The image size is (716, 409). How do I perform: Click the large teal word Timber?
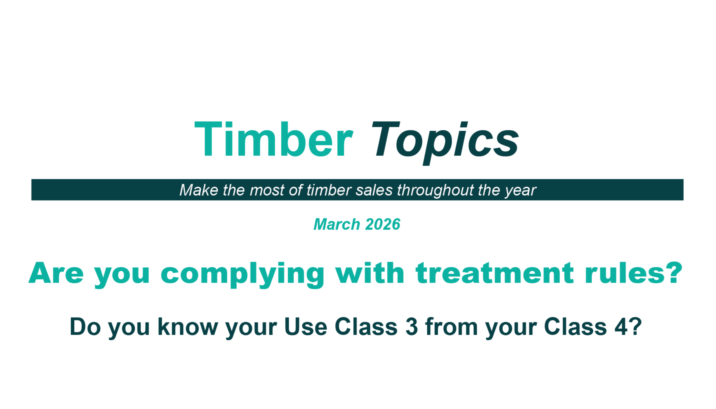coord(274,139)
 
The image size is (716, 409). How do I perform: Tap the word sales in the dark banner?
coord(374,190)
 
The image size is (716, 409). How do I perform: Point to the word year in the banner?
coord(520,191)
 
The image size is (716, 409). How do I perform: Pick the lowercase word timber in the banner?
coord(329,190)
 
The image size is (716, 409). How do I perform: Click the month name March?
coord(337,224)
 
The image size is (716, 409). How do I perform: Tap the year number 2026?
coord(383,224)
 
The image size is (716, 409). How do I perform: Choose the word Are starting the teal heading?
coord(56,272)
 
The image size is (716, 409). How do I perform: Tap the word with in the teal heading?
coord(370,272)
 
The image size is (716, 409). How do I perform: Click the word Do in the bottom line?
coord(85,326)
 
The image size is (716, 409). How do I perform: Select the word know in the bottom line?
coord(188,326)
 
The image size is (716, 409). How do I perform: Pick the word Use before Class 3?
coord(306,326)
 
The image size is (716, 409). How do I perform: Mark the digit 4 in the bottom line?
coord(621,326)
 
